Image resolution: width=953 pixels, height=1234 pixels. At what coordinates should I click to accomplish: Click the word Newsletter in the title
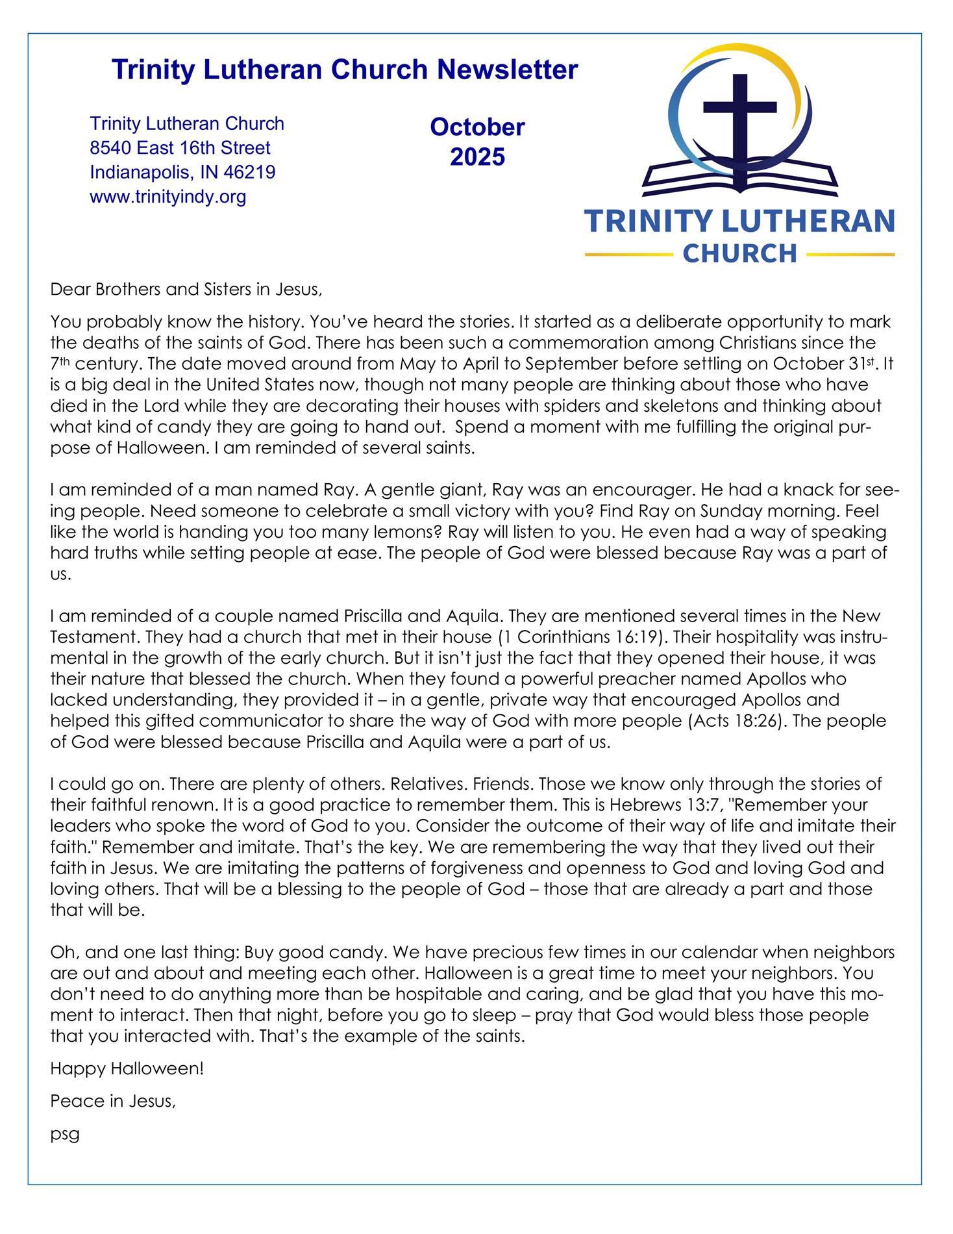pos(507,69)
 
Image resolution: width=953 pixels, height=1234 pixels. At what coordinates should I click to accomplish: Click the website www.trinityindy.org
pos(167,197)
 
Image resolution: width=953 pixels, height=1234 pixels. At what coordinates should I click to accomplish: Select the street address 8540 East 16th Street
pos(180,148)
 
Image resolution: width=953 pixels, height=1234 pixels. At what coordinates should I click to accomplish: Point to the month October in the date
pos(477,127)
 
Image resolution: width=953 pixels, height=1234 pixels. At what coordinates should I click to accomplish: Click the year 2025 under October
pos(477,157)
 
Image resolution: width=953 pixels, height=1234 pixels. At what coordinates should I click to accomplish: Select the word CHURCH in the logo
pos(739,253)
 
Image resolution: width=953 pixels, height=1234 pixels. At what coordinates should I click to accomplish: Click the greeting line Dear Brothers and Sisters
pos(186,289)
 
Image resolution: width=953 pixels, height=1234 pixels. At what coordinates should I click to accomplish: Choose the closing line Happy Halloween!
pos(127,1068)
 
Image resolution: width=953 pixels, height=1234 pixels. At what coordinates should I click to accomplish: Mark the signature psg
pos(65,1135)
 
